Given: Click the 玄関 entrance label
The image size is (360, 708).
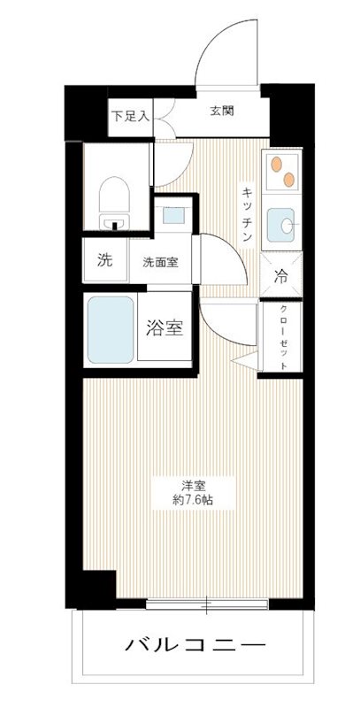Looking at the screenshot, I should (222, 111).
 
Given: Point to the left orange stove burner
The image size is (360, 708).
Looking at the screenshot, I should (275, 165).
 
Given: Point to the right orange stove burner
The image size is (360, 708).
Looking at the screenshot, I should (288, 179).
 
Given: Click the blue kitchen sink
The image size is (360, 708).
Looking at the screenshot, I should (282, 224).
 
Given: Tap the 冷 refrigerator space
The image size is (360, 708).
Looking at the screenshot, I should (281, 275).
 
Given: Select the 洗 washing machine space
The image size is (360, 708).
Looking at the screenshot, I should (104, 261).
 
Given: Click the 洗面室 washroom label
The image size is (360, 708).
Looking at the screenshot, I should (161, 262).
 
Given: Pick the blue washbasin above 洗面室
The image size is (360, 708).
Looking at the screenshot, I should (171, 215).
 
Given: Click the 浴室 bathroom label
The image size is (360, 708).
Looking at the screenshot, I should (164, 327).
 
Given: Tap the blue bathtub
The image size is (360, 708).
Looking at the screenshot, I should (110, 329).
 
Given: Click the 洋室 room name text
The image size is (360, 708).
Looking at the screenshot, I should (195, 485).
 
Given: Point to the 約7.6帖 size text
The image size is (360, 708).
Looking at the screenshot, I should (194, 500).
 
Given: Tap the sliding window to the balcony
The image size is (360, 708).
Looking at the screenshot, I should (205, 605).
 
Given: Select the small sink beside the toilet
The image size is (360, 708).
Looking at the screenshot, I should (112, 221).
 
